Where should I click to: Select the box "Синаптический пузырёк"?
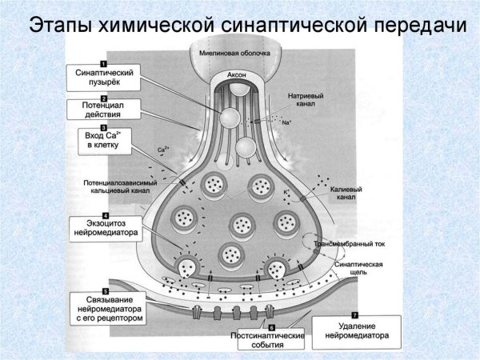tap(102, 78)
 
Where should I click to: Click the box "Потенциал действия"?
tap(102, 110)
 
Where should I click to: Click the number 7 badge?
tap(354, 316)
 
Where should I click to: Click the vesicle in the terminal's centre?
tap(242, 225)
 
